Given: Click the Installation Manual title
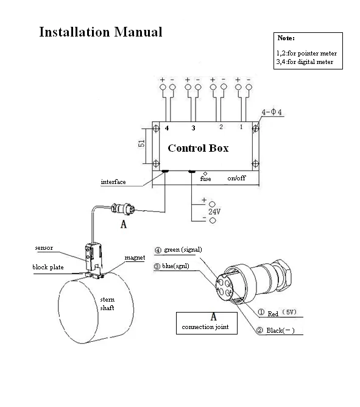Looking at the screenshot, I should (101, 32).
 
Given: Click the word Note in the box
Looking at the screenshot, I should (286, 39).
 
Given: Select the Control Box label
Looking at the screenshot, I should (197, 148).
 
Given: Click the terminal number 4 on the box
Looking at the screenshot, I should (167, 128).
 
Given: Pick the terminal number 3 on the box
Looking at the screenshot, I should (193, 128).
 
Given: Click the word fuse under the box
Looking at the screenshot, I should (205, 179).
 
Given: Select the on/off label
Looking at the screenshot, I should (236, 179).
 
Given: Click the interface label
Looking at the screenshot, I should (113, 182).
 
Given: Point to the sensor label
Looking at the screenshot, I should (44, 249).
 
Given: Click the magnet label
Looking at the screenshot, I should (134, 258).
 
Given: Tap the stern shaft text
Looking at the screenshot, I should (108, 304).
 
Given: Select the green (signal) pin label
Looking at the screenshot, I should (178, 250).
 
